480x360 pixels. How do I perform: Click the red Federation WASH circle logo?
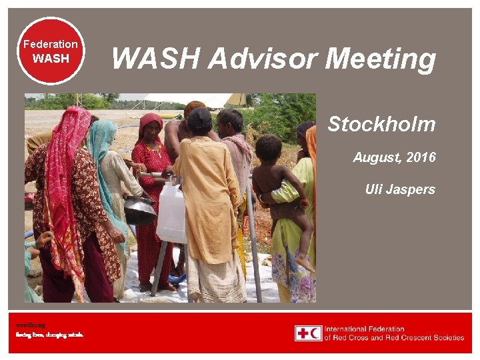(x=51, y=51)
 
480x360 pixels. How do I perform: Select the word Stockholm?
(x=381, y=124)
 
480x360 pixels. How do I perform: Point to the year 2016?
(x=421, y=157)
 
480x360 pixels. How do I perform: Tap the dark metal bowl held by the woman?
(x=140, y=211)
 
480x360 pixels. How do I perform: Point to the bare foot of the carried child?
(x=305, y=263)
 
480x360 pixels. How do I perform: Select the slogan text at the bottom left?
(x=50, y=334)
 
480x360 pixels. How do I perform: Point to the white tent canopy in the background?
(x=193, y=99)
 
